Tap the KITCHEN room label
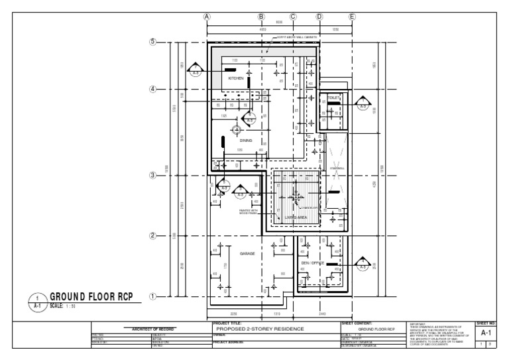pos(237,78)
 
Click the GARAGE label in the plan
pos(238,253)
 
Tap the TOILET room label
pos(333,98)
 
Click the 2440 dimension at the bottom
pos(323,314)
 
